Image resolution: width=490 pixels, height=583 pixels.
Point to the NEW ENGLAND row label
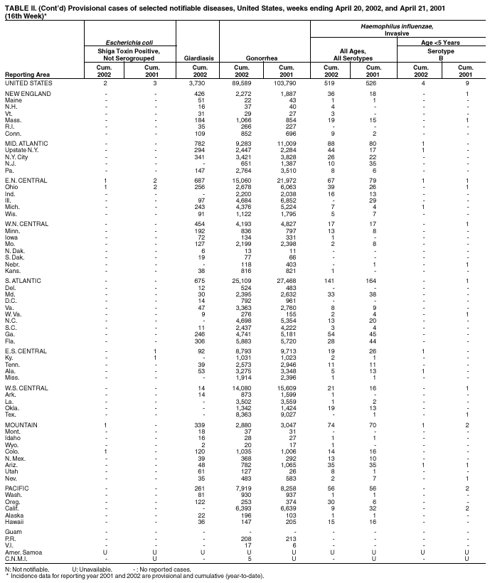27,94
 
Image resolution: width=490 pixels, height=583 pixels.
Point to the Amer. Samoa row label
23,552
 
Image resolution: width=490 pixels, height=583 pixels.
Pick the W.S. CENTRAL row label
26,387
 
